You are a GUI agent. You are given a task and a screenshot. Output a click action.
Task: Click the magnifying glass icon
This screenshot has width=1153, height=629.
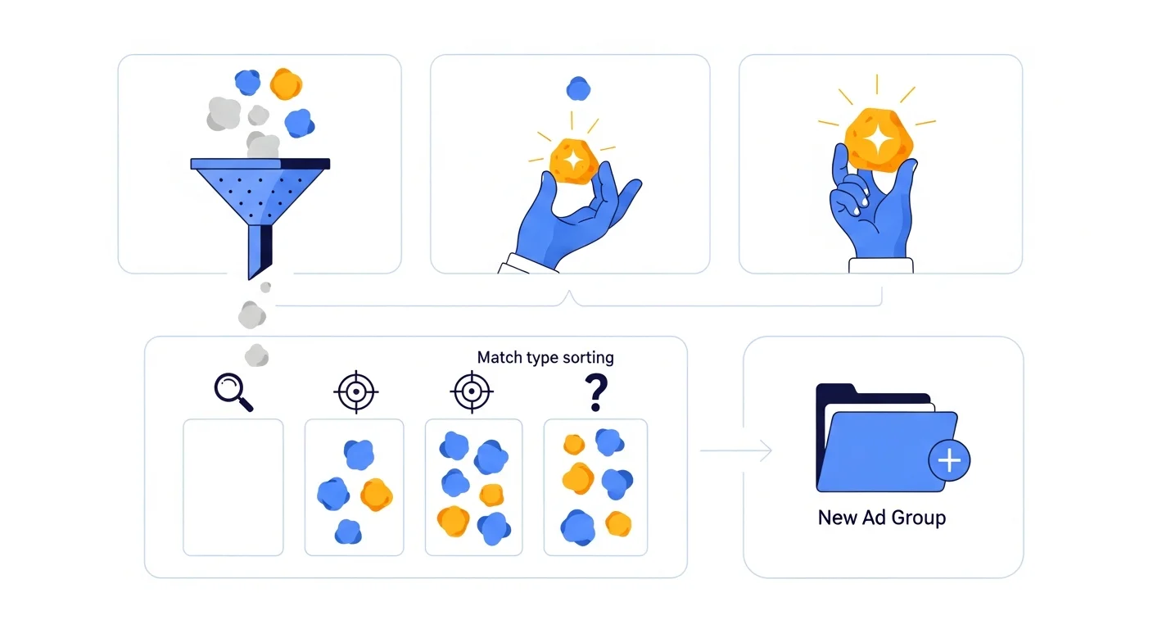click(233, 391)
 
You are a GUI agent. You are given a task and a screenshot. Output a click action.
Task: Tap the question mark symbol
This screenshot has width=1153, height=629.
click(596, 392)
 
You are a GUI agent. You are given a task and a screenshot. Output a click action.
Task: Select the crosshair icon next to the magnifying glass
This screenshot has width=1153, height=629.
click(355, 391)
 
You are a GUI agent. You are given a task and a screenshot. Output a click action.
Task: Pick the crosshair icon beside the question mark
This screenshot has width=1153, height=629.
click(472, 391)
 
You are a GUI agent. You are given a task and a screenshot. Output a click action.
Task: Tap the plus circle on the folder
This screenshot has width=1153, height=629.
click(949, 460)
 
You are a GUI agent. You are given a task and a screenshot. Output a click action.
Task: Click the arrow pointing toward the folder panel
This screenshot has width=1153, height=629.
click(736, 450)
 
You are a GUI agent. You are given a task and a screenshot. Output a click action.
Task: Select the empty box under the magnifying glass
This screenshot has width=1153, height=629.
click(233, 487)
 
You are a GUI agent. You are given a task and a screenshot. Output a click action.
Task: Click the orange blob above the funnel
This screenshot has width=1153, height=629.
click(286, 84)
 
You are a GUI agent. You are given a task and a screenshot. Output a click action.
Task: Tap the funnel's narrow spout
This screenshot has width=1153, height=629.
click(260, 251)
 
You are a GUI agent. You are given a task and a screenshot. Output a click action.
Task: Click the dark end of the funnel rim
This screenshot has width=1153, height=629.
click(305, 164)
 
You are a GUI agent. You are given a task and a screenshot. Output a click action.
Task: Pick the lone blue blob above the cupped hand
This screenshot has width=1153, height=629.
click(578, 89)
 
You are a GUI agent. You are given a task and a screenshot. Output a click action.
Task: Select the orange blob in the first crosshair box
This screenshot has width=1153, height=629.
click(376, 495)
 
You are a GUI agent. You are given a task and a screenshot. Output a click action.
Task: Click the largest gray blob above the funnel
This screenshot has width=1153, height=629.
click(224, 114)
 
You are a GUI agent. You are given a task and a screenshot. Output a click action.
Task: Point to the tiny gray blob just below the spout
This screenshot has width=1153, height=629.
click(265, 287)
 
